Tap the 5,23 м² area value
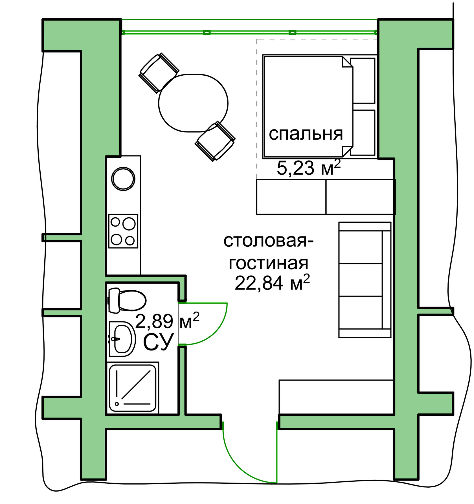tap(309, 168)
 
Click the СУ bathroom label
tap(158, 342)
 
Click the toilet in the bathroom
tap(127, 300)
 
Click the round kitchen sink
tap(123, 179)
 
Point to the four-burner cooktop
tap(123, 231)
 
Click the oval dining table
tap(193, 103)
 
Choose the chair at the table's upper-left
tap(159, 73)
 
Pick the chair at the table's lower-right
tap(215, 141)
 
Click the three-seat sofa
tap(365, 280)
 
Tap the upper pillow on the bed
tap(363, 81)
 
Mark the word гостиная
tap(268, 263)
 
